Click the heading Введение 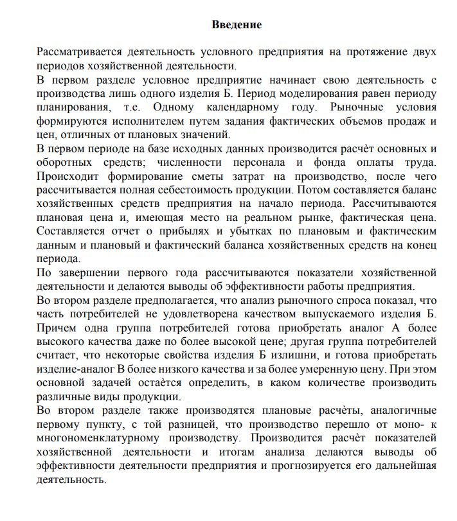click(237, 25)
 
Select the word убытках click(219, 232)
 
